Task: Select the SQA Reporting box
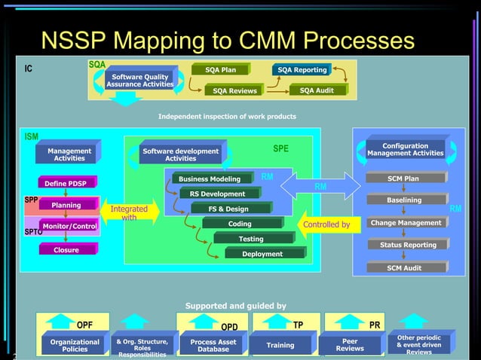click(302, 70)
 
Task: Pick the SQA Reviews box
click(234, 91)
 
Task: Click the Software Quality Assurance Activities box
click(140, 80)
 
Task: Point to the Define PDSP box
click(66, 183)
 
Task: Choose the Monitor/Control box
click(69, 226)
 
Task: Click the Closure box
click(66, 250)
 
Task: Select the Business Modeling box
click(205, 179)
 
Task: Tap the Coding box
click(240, 224)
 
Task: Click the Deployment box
click(262, 254)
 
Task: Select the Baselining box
click(404, 200)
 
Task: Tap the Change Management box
click(406, 223)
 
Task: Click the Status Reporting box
click(407, 245)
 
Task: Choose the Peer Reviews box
click(350, 345)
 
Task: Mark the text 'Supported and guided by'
click(235, 306)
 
